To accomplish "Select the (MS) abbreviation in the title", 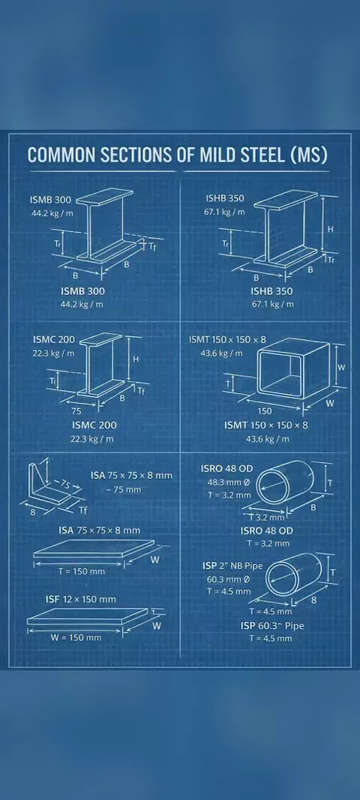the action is point(308,155).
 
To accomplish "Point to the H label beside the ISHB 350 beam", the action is point(331,230).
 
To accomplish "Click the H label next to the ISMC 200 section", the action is point(136,359).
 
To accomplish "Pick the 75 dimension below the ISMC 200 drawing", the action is point(76,411).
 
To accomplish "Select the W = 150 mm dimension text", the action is point(76,637).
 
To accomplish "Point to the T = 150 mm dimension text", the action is point(82,571).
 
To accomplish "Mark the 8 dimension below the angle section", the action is point(33,513).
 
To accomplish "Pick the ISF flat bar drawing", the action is point(88,617).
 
